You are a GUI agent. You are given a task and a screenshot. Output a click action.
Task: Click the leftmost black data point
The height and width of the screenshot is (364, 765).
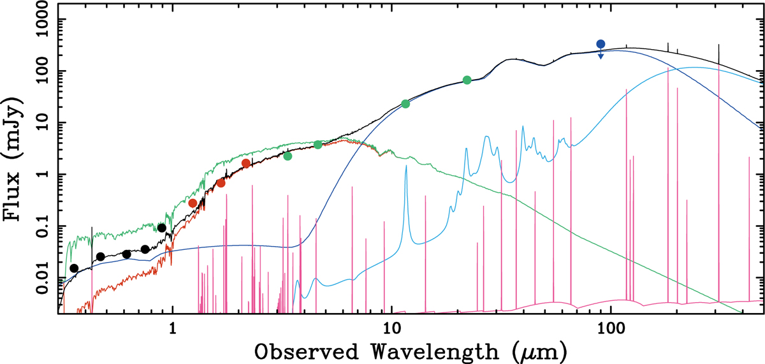point(74,268)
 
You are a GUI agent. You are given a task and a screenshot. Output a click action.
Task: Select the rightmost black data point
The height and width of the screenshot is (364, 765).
point(162,228)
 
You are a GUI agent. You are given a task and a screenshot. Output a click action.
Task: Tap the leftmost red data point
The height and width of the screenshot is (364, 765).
point(193,203)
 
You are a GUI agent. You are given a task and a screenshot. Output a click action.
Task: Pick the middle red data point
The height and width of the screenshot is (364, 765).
point(221,183)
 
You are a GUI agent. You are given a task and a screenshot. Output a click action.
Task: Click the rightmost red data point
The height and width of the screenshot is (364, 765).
point(246,163)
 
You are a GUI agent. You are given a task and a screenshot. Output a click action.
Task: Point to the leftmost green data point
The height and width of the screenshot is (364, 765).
point(288,156)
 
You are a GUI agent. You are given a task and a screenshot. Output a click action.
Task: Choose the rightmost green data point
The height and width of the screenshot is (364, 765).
point(467,80)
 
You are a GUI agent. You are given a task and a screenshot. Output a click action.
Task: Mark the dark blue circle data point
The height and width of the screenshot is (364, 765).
point(601,44)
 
